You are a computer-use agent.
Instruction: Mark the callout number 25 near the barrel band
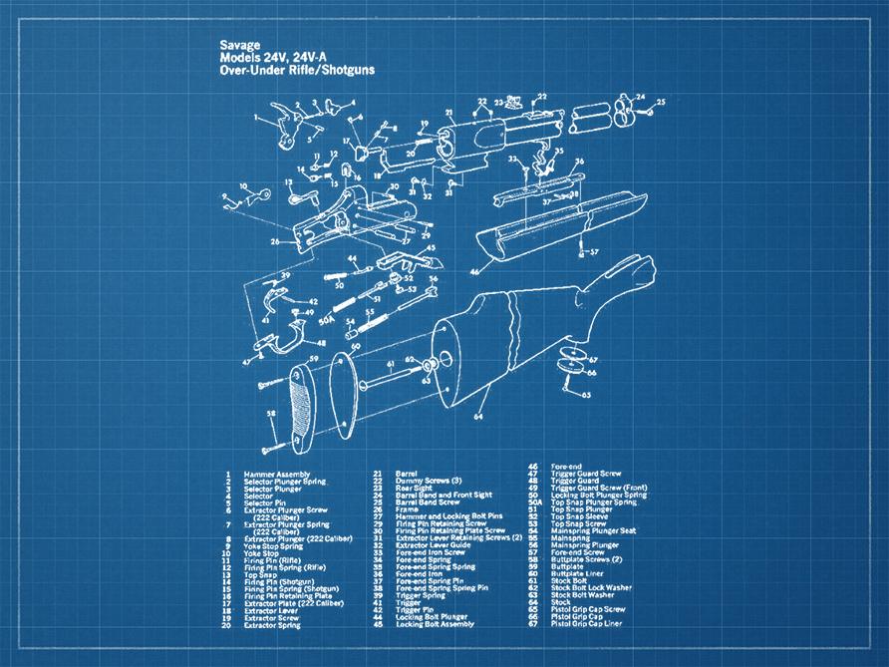(x=660, y=102)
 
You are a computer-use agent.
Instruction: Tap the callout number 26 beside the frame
(x=274, y=240)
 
